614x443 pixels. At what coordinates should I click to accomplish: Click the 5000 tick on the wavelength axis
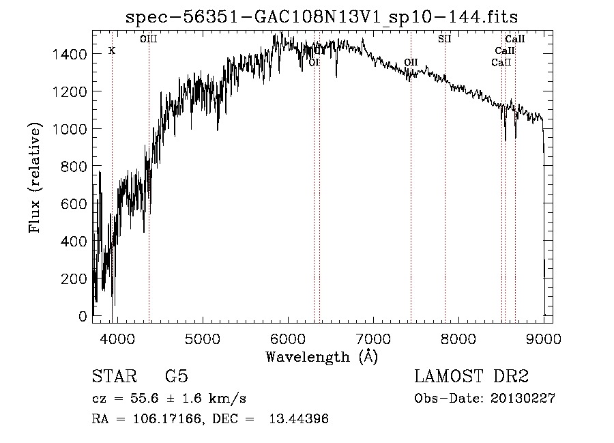point(202,338)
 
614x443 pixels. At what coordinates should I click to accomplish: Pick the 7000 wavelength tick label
point(373,338)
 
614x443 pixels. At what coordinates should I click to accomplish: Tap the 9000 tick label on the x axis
point(544,338)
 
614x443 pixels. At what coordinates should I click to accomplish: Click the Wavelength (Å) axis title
point(321,356)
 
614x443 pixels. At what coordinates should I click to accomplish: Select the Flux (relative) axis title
point(35,177)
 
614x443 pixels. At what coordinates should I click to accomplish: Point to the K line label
point(112,51)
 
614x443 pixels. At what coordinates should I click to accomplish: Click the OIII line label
point(148,40)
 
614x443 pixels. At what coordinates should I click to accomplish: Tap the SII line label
point(445,40)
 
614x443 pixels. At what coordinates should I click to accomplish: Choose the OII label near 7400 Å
point(411,62)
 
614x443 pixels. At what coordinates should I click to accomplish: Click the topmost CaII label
point(514,40)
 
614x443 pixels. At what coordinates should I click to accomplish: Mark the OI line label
point(314,62)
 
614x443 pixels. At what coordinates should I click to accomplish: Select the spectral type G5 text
point(176,377)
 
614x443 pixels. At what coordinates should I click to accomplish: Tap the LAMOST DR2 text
point(471,377)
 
